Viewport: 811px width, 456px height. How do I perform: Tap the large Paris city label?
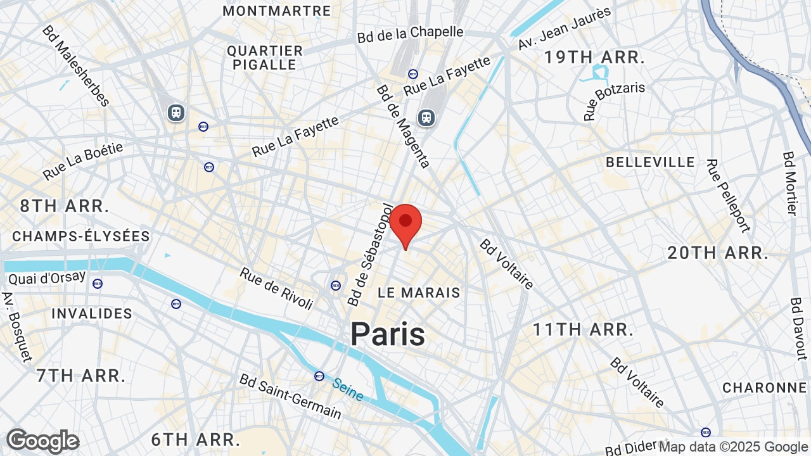click(x=387, y=334)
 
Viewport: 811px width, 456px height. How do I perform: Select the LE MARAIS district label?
click(x=419, y=293)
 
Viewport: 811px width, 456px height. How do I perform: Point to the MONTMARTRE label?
click(x=277, y=11)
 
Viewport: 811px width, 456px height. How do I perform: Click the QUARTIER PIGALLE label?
click(x=265, y=58)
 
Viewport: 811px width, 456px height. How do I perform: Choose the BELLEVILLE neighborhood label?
click(x=650, y=162)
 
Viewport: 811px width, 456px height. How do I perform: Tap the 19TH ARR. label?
click(x=594, y=57)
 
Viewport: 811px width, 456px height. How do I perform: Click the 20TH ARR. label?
click(x=718, y=253)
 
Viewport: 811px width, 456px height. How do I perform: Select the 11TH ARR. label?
click(x=583, y=329)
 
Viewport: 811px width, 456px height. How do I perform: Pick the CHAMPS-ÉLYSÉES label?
click(x=81, y=236)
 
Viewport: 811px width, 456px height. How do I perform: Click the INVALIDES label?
click(x=92, y=313)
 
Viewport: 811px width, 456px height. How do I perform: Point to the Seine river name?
click(x=348, y=389)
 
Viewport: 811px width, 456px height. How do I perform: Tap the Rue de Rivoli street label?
click(x=276, y=289)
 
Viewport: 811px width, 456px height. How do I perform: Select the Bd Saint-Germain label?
click(x=290, y=396)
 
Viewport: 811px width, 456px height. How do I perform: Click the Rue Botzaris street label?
click(x=615, y=101)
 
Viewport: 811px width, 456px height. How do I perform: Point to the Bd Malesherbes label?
click(x=76, y=65)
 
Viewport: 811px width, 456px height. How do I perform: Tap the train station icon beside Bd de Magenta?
click(x=426, y=117)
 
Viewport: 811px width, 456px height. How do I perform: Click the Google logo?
click(x=42, y=441)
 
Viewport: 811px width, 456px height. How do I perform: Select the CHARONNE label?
click(x=764, y=387)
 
